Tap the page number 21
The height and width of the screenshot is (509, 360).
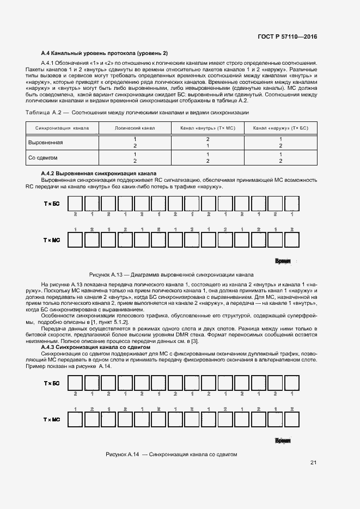coord(313,463)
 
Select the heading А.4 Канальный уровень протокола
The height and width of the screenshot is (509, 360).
coord(105,53)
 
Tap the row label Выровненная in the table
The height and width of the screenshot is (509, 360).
coord(46,143)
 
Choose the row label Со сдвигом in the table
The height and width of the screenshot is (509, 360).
coord(43,158)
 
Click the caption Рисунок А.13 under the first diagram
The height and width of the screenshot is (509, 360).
coord(171,275)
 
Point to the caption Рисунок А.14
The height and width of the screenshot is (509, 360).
coord(171,454)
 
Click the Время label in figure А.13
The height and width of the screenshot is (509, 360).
coord(283,261)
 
